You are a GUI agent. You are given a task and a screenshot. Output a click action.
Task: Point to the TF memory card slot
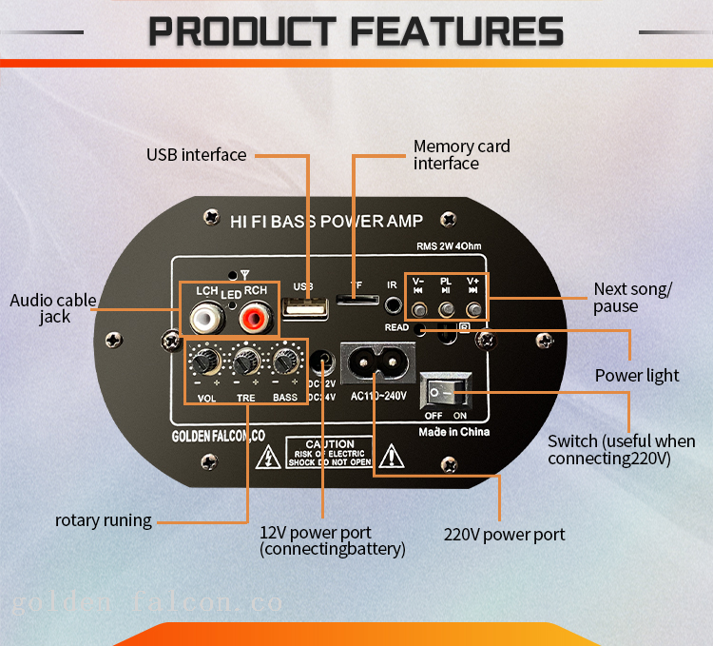click(356, 302)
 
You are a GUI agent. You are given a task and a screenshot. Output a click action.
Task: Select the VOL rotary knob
click(202, 362)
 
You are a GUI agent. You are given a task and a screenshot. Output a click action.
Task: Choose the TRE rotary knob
click(247, 362)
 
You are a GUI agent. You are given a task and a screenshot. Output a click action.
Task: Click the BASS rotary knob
click(284, 362)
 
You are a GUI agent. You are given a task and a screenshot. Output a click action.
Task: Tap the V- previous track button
click(419, 308)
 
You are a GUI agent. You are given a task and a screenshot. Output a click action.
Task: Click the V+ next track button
click(473, 308)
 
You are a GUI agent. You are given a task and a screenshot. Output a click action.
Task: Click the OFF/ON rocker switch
click(445, 391)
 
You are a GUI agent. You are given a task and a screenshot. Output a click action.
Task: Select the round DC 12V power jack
click(323, 362)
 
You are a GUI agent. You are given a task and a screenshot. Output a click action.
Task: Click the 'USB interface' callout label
click(196, 154)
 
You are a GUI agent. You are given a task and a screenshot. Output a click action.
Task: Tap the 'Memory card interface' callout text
click(461, 155)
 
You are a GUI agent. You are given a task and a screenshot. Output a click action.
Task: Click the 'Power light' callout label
click(637, 376)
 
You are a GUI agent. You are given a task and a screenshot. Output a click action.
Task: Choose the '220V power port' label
click(504, 535)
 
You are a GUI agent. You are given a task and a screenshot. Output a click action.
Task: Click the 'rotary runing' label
click(103, 520)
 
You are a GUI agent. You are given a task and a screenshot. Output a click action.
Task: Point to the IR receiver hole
click(392, 306)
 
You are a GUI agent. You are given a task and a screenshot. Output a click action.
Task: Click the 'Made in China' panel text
click(454, 432)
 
